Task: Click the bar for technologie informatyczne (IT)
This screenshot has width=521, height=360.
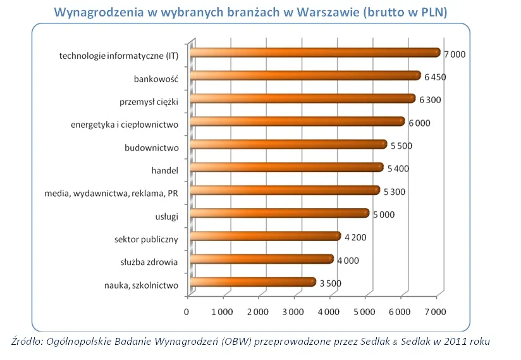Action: [314, 53]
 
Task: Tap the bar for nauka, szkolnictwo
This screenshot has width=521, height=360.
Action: [252, 282]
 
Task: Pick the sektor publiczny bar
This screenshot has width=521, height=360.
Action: [264, 237]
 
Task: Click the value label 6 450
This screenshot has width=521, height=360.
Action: [436, 77]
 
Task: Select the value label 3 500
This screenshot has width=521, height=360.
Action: [330, 283]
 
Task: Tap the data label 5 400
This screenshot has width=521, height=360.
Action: [398, 168]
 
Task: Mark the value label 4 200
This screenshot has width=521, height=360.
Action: [355, 237]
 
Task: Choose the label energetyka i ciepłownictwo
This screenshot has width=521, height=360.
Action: [125, 124]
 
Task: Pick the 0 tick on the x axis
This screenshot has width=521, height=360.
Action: [187, 311]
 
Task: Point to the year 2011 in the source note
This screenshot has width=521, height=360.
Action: [457, 342]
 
